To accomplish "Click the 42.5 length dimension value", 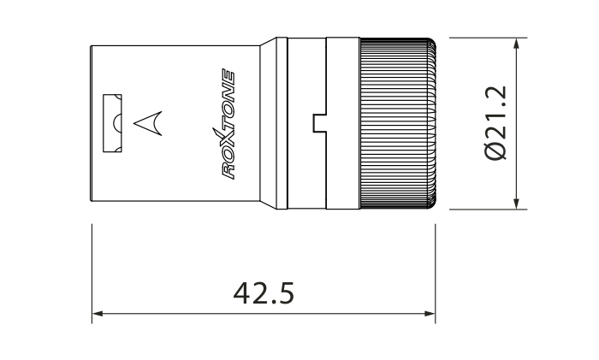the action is [x=264, y=293].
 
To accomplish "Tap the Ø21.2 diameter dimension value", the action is [x=495, y=123].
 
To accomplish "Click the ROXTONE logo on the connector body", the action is [x=228, y=124].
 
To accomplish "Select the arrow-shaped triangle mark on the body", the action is [x=148, y=123].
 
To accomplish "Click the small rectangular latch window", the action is [x=112, y=123].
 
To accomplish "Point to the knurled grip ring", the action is [x=398, y=123].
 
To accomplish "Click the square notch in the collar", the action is [x=320, y=123].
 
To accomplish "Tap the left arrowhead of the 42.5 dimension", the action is [x=98, y=314].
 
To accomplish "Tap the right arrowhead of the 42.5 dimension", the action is [x=430, y=314].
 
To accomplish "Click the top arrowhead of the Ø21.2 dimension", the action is [x=517, y=44].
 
